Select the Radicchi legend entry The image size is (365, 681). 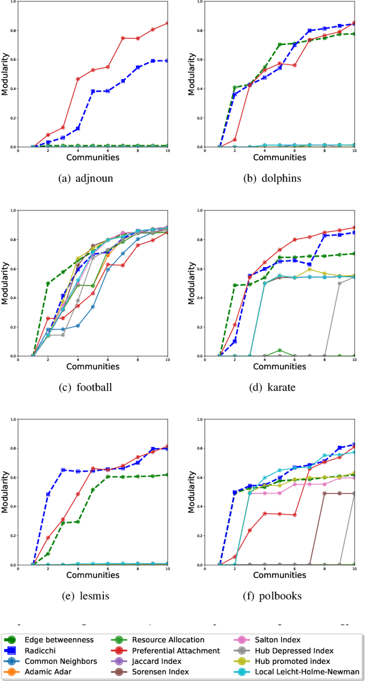tap(55, 650)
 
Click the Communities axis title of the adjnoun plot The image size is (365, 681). tap(92, 157)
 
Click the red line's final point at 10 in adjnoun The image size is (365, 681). tap(168, 23)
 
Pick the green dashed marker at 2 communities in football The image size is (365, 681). tap(48, 283)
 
